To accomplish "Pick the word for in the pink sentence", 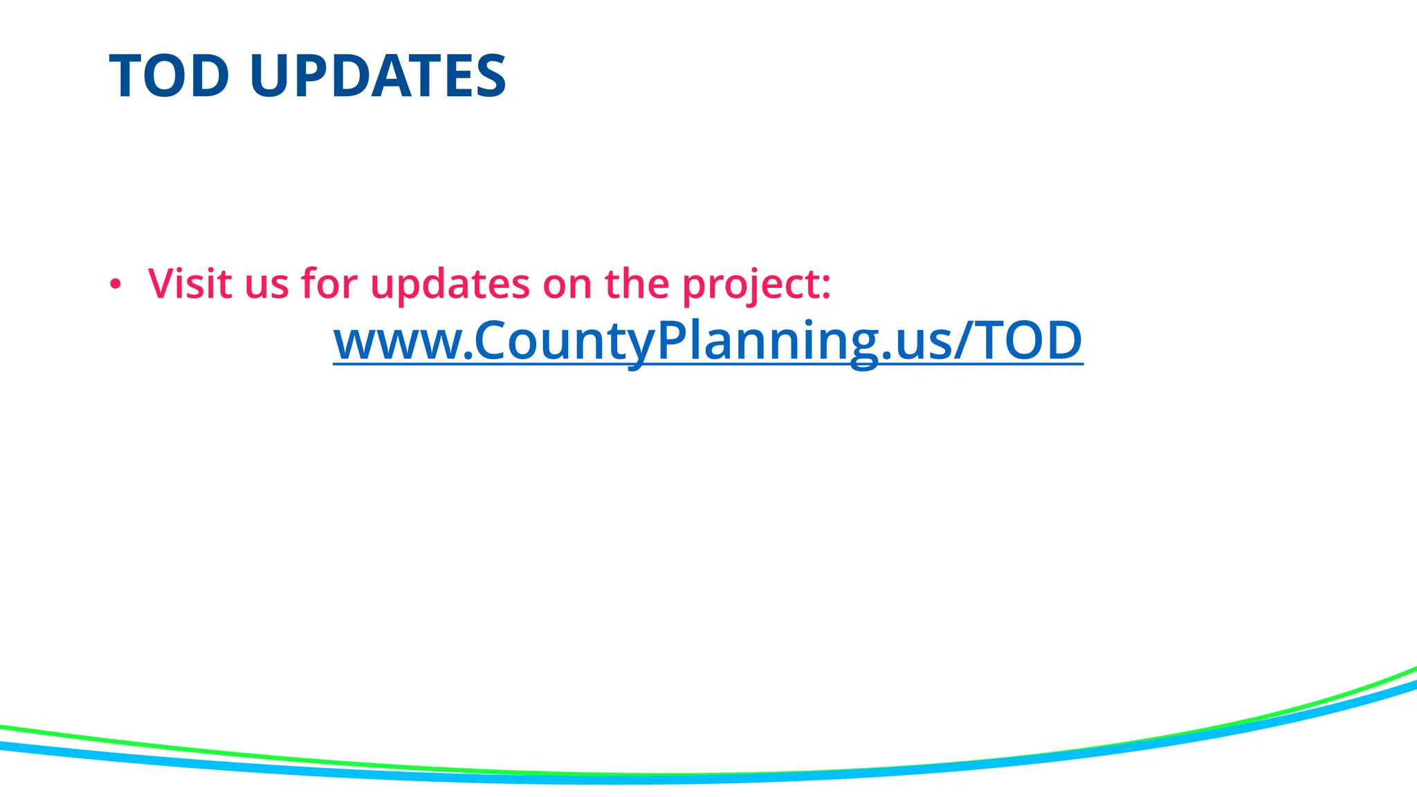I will point(329,283).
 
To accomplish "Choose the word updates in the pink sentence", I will point(450,284).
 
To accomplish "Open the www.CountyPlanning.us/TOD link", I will point(708,340).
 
